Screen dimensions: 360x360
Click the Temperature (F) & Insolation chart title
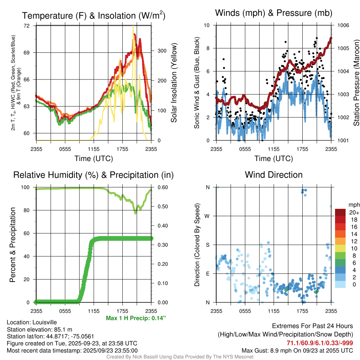94,15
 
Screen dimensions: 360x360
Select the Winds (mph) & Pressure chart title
274,13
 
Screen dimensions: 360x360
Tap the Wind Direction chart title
274,175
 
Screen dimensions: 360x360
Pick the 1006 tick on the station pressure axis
342,25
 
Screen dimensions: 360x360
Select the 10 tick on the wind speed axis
207,25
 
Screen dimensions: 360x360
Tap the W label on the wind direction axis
207,216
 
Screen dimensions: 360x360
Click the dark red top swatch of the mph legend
340,212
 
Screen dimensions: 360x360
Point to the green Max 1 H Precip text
136,318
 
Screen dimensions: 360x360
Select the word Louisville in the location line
44,322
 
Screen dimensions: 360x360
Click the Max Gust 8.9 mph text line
297,351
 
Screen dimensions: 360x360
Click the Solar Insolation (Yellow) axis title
174,83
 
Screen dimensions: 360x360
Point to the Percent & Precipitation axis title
13,245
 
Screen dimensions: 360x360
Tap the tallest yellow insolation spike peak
133,26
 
